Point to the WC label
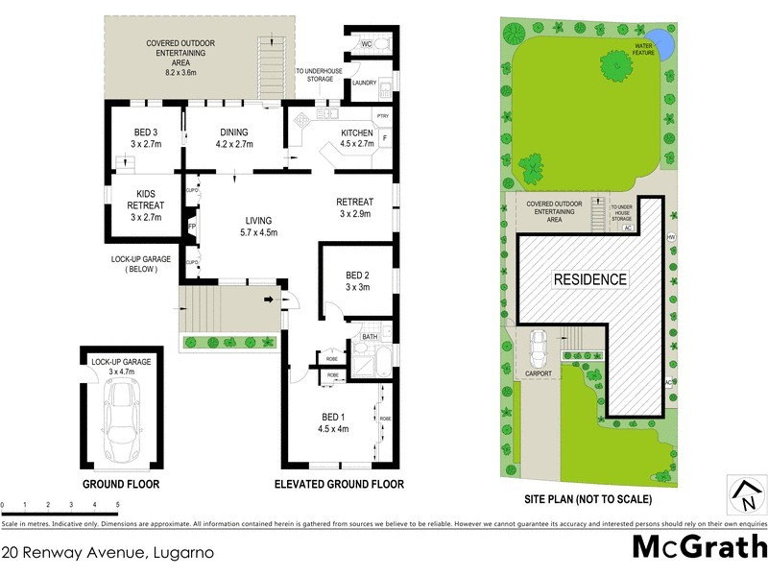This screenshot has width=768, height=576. point(366,44)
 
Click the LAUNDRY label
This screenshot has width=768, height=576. point(364,83)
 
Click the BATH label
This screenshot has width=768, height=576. point(370,337)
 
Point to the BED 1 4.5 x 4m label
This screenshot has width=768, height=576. point(334,421)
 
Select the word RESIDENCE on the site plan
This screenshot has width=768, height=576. point(589,279)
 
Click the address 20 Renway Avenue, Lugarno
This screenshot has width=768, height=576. point(107,553)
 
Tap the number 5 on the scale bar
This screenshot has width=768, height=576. point(117,503)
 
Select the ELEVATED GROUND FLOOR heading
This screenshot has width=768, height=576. point(339,484)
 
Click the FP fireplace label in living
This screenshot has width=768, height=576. point(192,227)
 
